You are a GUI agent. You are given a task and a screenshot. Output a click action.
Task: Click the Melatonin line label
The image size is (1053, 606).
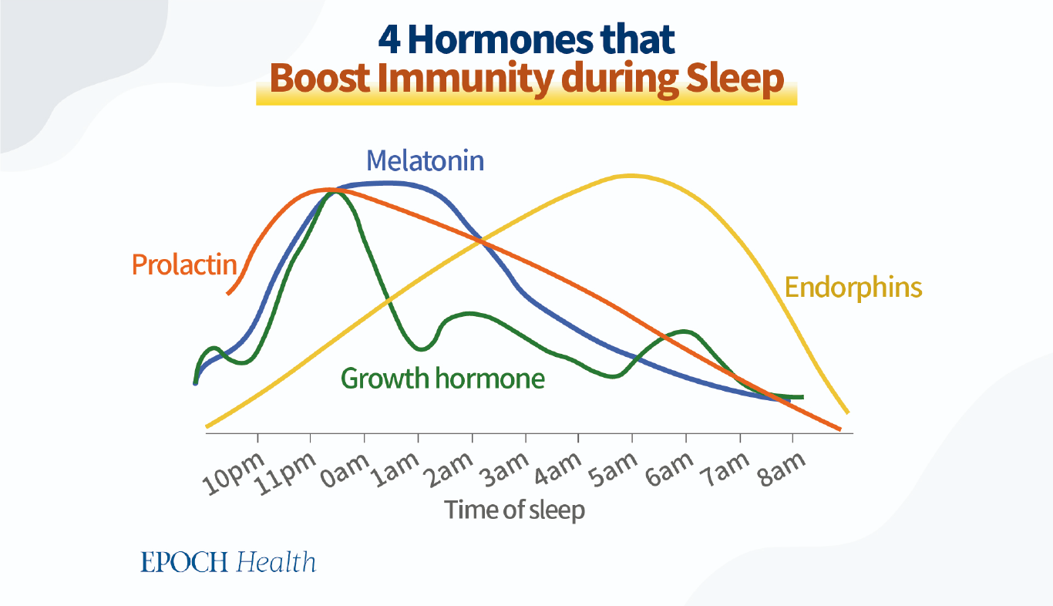(x=425, y=161)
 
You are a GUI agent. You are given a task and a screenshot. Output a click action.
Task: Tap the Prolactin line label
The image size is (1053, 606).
(x=184, y=264)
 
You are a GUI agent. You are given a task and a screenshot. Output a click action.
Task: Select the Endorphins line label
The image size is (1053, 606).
(x=853, y=288)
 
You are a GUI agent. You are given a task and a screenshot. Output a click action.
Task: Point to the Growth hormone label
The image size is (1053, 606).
(x=442, y=379)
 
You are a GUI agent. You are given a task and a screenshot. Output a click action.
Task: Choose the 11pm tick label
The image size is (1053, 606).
(x=287, y=473)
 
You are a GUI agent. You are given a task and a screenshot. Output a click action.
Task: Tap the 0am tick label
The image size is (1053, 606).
(x=345, y=471)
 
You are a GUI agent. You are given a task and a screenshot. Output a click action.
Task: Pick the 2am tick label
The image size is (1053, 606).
(x=449, y=470)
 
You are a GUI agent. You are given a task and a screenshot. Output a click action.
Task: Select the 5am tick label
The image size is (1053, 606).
(x=613, y=470)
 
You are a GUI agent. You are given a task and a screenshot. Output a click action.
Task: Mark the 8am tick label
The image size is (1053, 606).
(x=781, y=470)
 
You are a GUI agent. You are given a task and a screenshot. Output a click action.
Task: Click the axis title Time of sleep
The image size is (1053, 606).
(x=515, y=510)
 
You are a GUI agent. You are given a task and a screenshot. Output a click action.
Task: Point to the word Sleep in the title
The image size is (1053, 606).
(x=735, y=79)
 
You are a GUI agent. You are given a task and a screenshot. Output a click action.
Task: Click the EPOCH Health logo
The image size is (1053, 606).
(x=228, y=562)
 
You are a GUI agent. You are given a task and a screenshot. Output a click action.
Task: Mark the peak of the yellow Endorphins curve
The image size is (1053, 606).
(x=630, y=176)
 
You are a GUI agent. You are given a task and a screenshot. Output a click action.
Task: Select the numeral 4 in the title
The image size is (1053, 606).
(x=389, y=40)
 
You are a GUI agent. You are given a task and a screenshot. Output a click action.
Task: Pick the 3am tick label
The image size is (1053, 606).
(x=504, y=470)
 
